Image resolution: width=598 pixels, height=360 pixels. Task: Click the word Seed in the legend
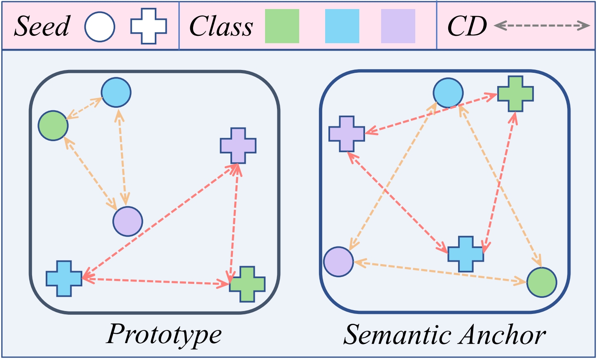click(x=42, y=26)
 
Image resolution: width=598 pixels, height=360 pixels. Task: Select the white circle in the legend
click(x=100, y=26)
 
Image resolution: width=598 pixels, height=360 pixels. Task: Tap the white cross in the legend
click(x=149, y=26)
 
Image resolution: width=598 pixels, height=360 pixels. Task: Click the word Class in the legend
click(x=221, y=27)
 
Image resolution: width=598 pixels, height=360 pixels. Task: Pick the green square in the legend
click(x=282, y=26)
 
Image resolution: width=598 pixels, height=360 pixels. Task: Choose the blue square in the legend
click(x=342, y=26)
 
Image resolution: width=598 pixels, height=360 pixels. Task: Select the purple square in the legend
click(x=398, y=26)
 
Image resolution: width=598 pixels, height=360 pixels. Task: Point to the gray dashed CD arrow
click(x=542, y=26)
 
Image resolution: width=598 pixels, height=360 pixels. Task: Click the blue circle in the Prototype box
click(x=116, y=93)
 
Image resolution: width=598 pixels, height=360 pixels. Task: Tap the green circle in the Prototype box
click(x=53, y=125)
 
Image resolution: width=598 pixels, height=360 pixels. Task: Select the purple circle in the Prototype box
click(x=128, y=221)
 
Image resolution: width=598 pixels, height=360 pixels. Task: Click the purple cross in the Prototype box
click(x=238, y=146)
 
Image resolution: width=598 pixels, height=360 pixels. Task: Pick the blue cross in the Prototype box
click(x=64, y=279)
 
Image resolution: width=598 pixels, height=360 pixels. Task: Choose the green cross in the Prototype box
click(x=247, y=284)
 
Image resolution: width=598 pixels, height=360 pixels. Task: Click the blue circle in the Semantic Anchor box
click(x=448, y=93)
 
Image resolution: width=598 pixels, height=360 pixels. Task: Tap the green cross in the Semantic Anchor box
click(x=515, y=93)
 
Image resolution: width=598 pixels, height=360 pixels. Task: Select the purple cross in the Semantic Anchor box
click(x=347, y=134)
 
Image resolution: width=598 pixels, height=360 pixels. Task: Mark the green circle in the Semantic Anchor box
click(x=542, y=282)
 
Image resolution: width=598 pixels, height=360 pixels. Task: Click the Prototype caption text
click(x=164, y=334)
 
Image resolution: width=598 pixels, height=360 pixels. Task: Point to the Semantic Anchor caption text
click(x=444, y=335)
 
